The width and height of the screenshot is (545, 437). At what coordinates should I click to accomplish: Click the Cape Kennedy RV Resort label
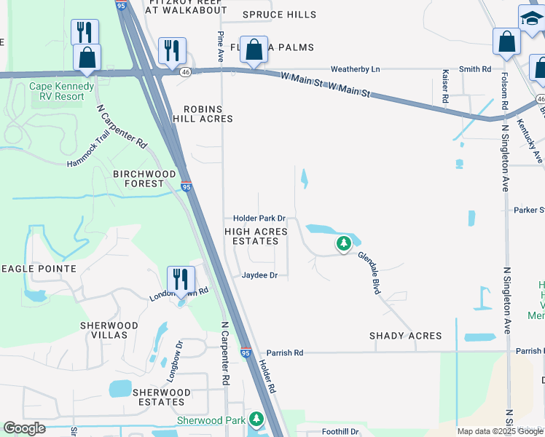pos(61,91)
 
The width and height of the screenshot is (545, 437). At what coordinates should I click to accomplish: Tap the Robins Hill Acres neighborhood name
pos(203,113)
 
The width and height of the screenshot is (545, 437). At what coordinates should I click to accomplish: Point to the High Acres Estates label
pos(256,237)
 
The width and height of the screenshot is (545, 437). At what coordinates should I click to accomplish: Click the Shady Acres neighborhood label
pos(405,336)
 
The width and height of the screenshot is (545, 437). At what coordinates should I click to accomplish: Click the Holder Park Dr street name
pos(263,219)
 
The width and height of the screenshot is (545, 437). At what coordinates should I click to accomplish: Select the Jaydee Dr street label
pos(260,275)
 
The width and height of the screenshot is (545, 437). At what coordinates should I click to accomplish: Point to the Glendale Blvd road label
pos(369,272)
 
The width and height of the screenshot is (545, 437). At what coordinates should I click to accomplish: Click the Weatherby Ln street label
pos(356,69)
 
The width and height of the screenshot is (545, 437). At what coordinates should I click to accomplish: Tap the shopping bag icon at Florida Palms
pos(254,50)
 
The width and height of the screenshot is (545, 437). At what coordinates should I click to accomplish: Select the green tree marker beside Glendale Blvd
pos(343,244)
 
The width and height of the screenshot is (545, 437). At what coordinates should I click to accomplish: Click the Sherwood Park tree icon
pos(256,420)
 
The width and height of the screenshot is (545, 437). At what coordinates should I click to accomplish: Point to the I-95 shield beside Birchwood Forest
pos(187,187)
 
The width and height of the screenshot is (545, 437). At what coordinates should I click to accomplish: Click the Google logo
pos(24,428)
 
